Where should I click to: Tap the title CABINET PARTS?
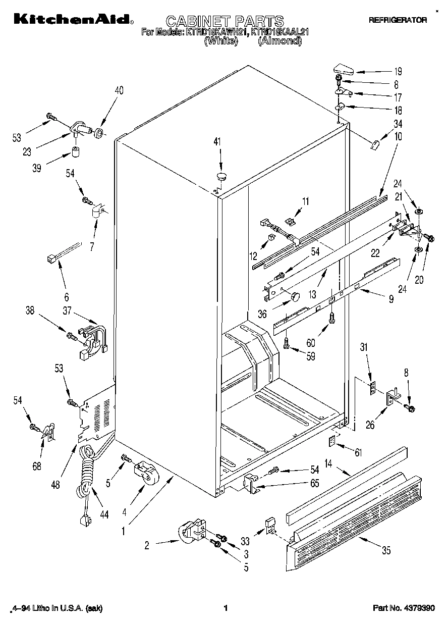225,21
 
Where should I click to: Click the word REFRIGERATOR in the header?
398,20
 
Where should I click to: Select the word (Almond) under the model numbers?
279,42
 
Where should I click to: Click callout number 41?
217,143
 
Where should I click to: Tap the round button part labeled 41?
221,176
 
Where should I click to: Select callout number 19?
398,71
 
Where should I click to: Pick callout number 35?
386,551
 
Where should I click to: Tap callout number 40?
119,91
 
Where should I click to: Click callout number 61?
358,452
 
